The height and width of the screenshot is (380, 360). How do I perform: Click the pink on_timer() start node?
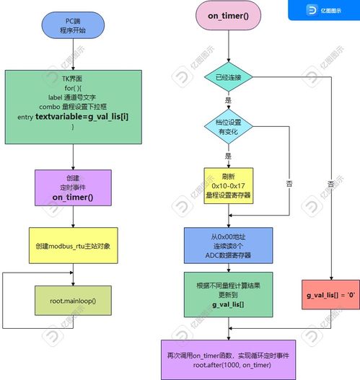click(x=228, y=15)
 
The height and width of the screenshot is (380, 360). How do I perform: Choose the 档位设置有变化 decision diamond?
click(x=228, y=127)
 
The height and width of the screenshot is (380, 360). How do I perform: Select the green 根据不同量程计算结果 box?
click(x=228, y=294)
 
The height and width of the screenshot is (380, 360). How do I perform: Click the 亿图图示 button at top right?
click(x=323, y=9)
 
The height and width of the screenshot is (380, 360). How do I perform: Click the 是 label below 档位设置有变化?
click(x=228, y=155)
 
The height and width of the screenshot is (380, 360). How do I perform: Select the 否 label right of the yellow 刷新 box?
click(x=289, y=184)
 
